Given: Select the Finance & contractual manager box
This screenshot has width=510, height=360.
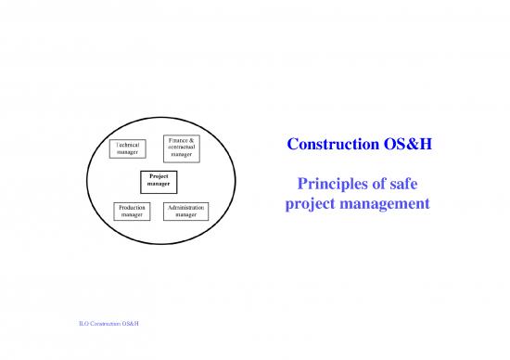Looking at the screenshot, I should pos(182,147).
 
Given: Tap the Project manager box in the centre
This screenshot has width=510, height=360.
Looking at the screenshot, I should pos(157,182).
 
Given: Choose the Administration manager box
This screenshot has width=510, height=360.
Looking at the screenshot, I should pos(185,211).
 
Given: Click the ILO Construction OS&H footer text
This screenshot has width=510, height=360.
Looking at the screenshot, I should pos(115,323).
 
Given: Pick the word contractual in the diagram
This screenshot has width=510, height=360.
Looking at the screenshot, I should pos(182,147).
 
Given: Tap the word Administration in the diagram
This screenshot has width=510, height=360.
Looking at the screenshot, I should pos(185,207).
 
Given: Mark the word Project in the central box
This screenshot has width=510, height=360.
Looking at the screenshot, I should pos(157,178).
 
